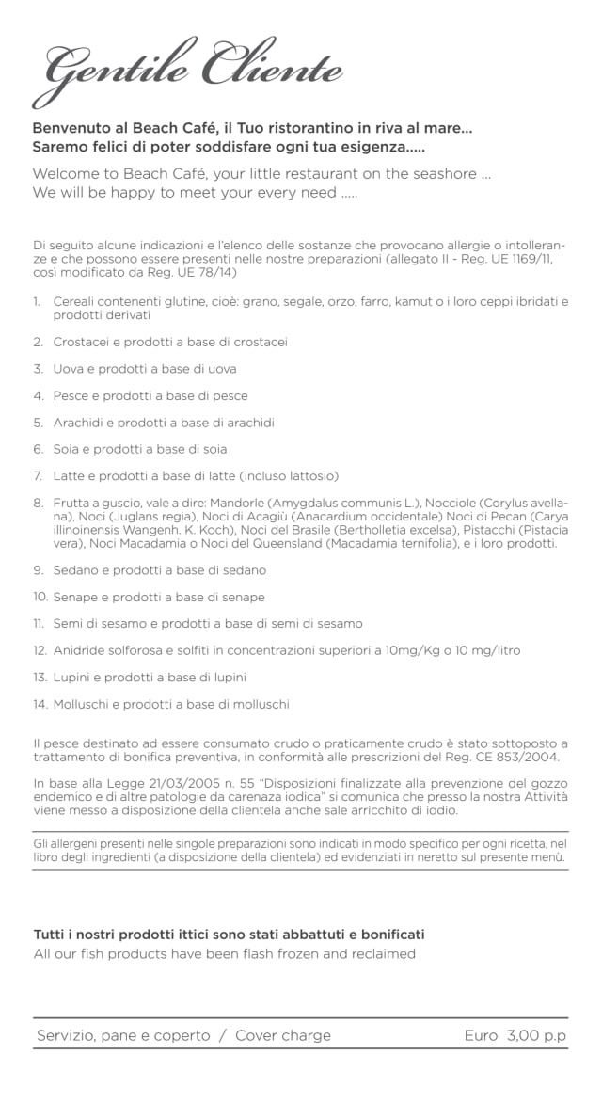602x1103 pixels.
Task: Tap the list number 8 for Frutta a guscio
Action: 38,504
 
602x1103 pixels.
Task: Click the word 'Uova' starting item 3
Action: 70,369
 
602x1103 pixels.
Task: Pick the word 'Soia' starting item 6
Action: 67,449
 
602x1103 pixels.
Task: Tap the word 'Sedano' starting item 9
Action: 76,570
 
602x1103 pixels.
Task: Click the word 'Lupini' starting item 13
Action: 73,677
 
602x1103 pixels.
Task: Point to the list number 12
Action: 39,650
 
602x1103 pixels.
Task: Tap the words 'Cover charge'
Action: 283,1035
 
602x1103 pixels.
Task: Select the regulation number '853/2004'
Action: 530,757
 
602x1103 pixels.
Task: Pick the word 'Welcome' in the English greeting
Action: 67,174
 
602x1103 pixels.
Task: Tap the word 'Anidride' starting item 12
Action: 82,650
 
